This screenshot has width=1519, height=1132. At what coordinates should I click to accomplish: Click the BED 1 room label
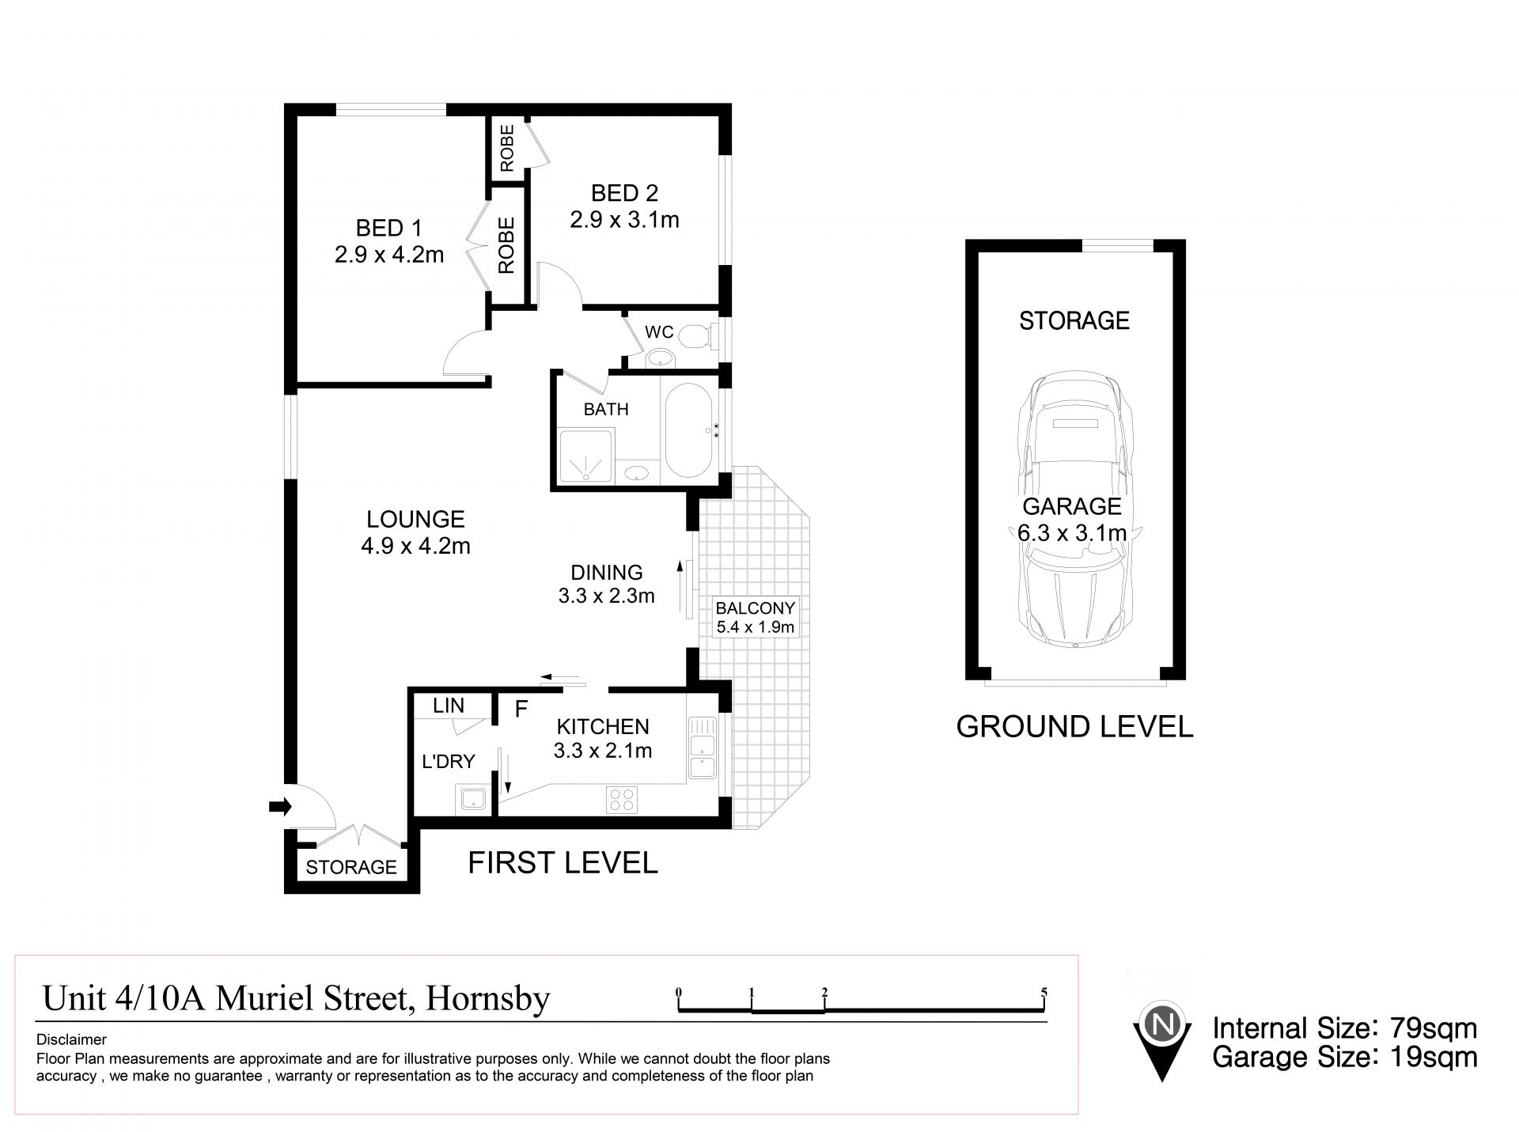[388, 228]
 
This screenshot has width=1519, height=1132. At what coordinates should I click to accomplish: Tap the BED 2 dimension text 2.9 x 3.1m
[624, 219]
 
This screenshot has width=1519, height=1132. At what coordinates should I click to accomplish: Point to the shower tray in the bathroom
[586, 456]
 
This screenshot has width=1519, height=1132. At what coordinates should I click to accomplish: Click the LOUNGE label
[415, 519]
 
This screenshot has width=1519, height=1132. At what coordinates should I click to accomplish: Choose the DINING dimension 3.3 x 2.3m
[607, 596]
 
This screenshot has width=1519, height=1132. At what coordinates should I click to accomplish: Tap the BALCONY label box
[755, 618]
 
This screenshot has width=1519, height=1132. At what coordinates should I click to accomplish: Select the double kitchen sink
[702, 748]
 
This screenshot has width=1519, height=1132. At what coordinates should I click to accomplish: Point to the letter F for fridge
[521, 709]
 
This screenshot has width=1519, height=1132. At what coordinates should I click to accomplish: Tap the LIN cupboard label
[449, 706]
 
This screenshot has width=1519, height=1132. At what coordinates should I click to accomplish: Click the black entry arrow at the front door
[280, 807]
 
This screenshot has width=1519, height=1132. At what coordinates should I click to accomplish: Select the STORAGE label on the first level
[351, 867]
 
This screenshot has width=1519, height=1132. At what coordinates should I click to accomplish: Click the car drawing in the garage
[1074, 513]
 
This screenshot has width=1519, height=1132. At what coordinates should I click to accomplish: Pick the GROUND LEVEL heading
[1074, 726]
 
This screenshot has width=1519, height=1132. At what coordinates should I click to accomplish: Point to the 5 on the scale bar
[1044, 993]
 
